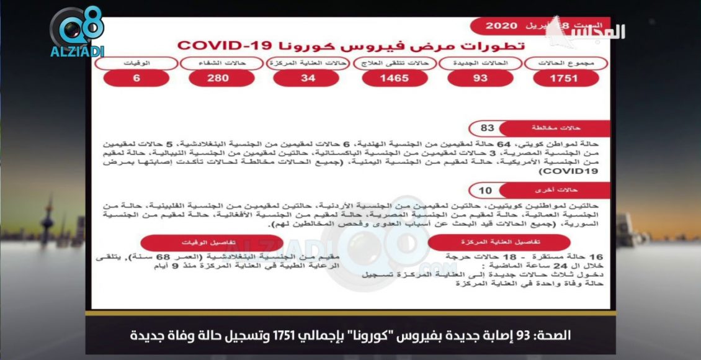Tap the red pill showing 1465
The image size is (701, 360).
tap(394, 78)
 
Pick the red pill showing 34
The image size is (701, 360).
tap(306, 78)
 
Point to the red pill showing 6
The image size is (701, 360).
tap(136, 78)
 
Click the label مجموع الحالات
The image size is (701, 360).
tap(565, 63)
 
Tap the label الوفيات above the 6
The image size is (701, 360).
tap(136, 63)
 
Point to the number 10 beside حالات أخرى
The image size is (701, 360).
tap(487, 190)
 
